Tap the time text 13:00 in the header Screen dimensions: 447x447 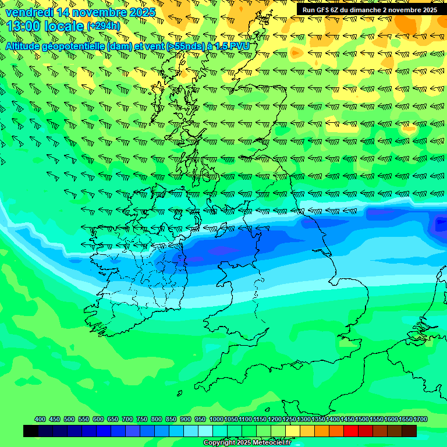click(x=23, y=26)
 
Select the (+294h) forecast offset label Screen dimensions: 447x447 click(x=103, y=26)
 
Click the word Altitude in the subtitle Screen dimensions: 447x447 click(x=24, y=46)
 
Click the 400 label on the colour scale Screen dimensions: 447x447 click(x=40, y=419)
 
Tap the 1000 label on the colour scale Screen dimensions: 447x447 click(x=216, y=419)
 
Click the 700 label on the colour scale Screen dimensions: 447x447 click(x=127, y=419)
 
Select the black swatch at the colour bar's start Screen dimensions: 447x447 click(x=31, y=431)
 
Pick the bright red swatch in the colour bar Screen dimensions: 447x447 click(x=351, y=431)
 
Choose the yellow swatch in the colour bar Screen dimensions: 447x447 click(x=293, y=431)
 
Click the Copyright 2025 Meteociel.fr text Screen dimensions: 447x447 click(x=247, y=442)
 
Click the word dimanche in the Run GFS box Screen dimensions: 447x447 click(x=360, y=10)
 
